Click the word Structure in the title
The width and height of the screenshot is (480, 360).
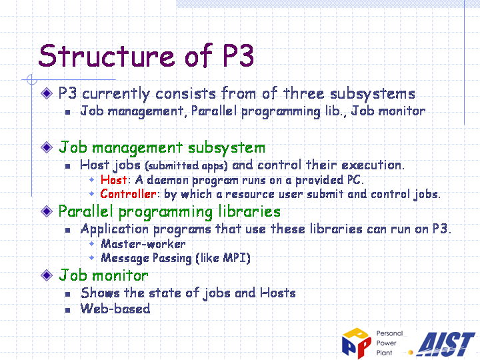point(107,55)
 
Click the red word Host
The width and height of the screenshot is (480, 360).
point(113,180)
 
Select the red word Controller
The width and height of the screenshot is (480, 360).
point(128,194)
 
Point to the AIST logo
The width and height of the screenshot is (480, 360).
point(447,344)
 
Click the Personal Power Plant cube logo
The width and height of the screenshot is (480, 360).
point(357,343)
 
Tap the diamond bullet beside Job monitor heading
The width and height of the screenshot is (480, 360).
point(47,275)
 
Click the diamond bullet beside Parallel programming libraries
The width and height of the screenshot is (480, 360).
point(47,211)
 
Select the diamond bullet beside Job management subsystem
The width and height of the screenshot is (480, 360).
point(47,147)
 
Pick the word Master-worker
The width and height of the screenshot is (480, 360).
point(143,244)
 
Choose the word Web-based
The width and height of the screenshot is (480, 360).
point(115,309)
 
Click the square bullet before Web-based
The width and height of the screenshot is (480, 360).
point(67,310)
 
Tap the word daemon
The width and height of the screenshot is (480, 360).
point(168,180)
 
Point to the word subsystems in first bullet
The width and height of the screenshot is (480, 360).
point(373,94)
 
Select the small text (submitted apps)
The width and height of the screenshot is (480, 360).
point(187,166)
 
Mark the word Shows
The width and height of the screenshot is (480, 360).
point(100,293)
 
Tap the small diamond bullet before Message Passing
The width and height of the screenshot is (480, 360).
point(91,258)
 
